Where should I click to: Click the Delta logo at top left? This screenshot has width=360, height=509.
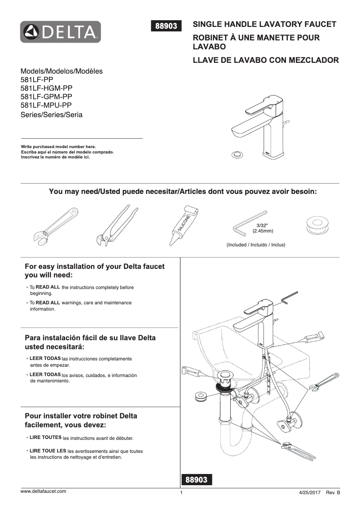point(61,32)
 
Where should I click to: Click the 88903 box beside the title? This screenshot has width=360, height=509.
point(168,26)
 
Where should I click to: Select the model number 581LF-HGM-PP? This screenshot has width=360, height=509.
point(46,88)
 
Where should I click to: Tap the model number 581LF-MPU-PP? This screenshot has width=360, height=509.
point(46,105)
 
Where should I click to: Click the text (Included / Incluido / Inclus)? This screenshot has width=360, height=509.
point(256,245)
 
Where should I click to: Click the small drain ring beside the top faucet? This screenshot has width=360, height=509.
point(236,155)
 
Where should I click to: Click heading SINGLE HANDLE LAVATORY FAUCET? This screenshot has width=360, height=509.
point(264,24)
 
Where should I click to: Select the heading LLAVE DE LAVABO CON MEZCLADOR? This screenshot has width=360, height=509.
point(265,60)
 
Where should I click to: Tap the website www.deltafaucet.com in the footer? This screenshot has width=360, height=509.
point(44,491)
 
